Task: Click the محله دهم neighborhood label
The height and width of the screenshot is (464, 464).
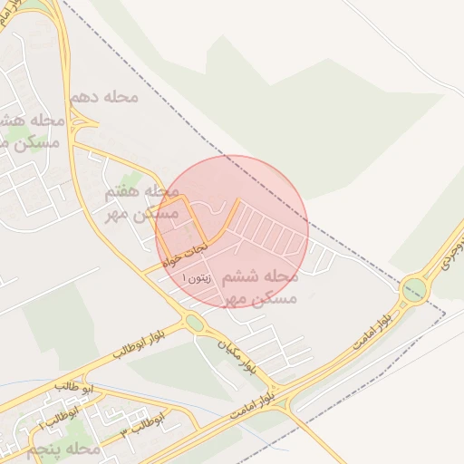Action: [102, 96]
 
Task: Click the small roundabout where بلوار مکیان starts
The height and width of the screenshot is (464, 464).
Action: [193, 323]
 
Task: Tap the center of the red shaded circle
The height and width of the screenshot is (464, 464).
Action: [232, 231]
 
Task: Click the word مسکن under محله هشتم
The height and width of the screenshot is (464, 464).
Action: [36, 142]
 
